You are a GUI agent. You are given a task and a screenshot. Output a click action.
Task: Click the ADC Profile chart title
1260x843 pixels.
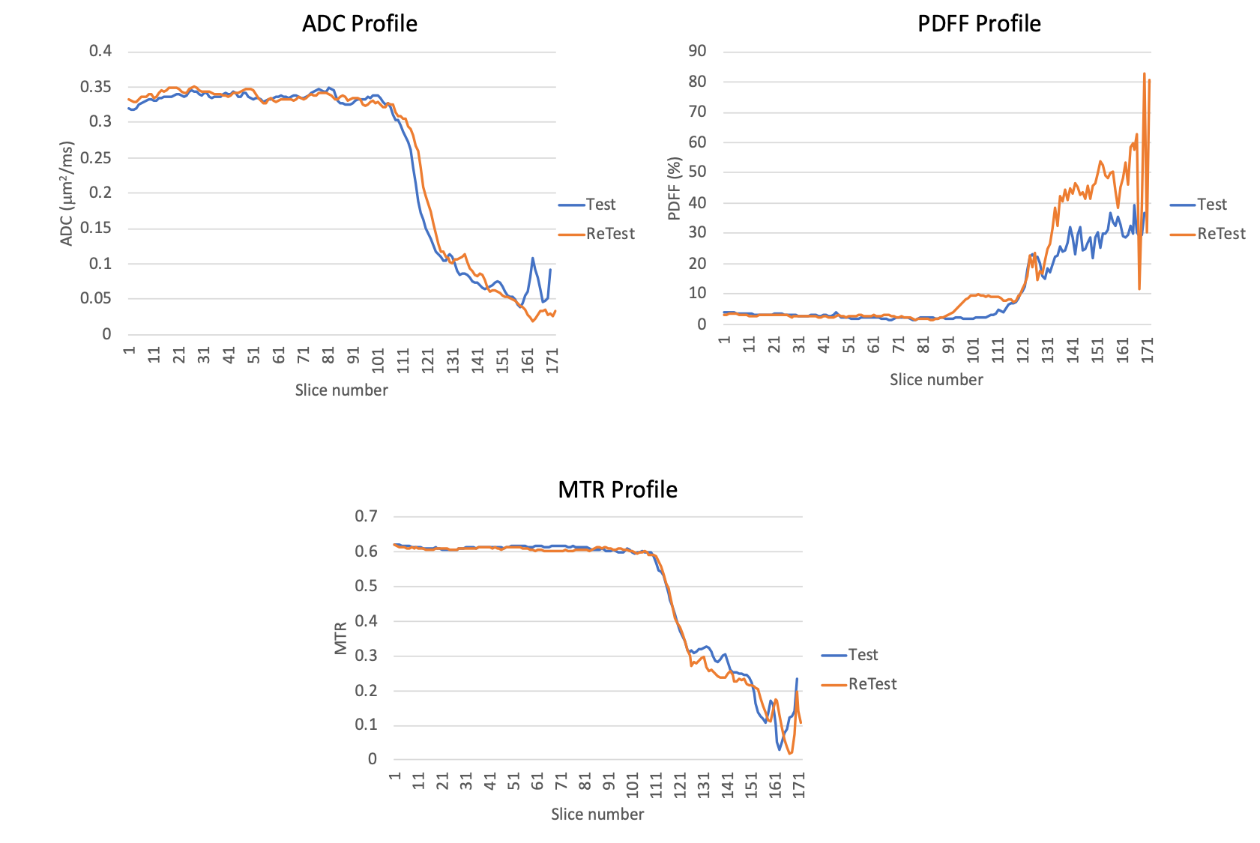click(x=360, y=24)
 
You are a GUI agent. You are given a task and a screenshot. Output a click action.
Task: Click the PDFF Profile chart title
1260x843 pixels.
click(x=979, y=24)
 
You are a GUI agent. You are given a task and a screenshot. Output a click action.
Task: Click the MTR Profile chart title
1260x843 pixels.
click(x=618, y=489)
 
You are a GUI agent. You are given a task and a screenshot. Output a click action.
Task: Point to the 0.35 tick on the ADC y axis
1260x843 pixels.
click(x=96, y=87)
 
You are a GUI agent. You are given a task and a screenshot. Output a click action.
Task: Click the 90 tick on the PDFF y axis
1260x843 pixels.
click(x=697, y=51)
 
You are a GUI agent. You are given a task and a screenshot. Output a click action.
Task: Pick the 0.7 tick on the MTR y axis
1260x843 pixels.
click(x=366, y=516)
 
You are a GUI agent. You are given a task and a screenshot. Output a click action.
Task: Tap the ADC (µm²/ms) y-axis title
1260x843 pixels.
click(x=67, y=193)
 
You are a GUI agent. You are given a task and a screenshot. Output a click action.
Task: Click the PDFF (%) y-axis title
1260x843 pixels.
click(x=674, y=189)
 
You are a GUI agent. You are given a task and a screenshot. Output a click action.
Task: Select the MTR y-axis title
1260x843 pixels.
click(x=341, y=638)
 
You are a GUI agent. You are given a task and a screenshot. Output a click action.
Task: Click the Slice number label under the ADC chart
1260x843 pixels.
click(x=341, y=390)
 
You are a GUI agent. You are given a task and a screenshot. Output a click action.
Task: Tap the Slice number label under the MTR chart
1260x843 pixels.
click(x=597, y=815)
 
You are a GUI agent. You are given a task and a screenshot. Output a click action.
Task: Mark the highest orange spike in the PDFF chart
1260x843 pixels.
click(x=1145, y=73)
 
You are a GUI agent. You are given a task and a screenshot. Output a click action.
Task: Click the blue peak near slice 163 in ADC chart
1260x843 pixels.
click(x=533, y=259)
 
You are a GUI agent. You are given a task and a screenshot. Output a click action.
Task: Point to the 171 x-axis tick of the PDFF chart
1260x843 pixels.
click(x=1147, y=350)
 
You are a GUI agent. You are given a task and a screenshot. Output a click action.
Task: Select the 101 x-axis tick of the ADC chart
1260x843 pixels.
click(x=379, y=360)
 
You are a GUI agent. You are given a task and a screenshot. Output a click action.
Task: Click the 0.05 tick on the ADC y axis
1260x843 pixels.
click(x=96, y=298)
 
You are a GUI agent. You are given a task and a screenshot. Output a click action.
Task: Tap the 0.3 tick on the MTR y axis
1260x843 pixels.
click(x=366, y=656)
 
